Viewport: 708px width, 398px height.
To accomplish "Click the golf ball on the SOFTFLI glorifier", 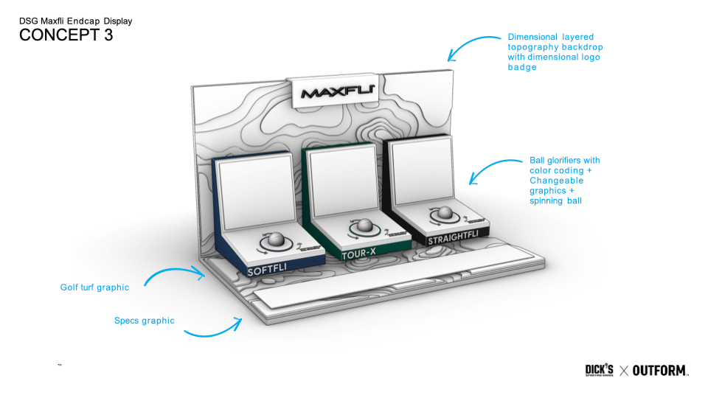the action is click(276, 240).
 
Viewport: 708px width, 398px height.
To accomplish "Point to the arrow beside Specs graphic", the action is click(212, 327).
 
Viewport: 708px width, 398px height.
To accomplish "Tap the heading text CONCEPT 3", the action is click(66, 35).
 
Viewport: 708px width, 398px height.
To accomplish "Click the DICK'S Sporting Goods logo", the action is click(599, 370).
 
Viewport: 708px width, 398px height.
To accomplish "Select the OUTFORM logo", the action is click(660, 370).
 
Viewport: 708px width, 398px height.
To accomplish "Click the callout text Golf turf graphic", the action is click(94, 287).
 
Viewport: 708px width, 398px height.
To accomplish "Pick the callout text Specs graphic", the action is click(145, 321).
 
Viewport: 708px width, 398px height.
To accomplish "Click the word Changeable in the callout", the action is click(556, 181).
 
